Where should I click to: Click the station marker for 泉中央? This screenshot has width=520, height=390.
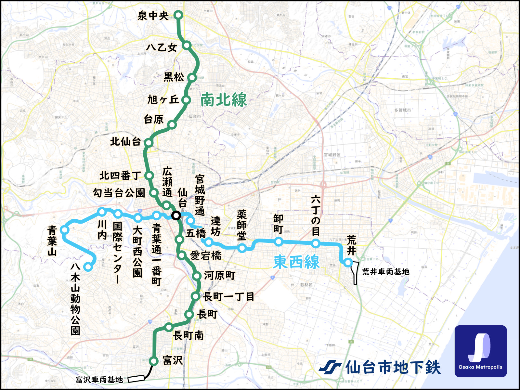point(178,15)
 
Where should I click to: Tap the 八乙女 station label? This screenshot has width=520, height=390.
point(162,47)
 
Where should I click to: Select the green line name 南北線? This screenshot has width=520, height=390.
point(224,99)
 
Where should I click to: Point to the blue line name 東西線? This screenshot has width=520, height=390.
point(296,262)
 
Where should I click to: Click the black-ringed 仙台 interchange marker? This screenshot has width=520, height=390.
point(176,215)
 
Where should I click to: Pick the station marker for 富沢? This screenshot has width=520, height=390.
point(153,361)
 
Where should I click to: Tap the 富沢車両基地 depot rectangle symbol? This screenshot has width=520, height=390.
point(136,378)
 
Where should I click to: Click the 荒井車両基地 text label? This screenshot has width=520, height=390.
point(386,272)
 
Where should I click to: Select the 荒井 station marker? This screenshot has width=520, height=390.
point(348,262)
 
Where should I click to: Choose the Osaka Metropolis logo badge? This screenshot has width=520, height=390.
point(481,351)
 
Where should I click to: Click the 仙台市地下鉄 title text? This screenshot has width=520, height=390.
point(393,368)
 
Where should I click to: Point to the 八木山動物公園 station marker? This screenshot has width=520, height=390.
point(88,267)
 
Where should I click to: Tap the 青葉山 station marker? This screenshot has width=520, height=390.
point(64,230)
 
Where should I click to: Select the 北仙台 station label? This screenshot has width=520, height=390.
point(125,142)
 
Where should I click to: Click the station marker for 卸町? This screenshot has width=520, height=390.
point(279,241)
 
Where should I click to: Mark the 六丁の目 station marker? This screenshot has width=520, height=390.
point(316,243)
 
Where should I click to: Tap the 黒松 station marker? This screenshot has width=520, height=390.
point(192,77)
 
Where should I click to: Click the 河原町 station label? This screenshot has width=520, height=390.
point(220,276)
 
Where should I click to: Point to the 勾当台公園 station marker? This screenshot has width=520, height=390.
point(153,192)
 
